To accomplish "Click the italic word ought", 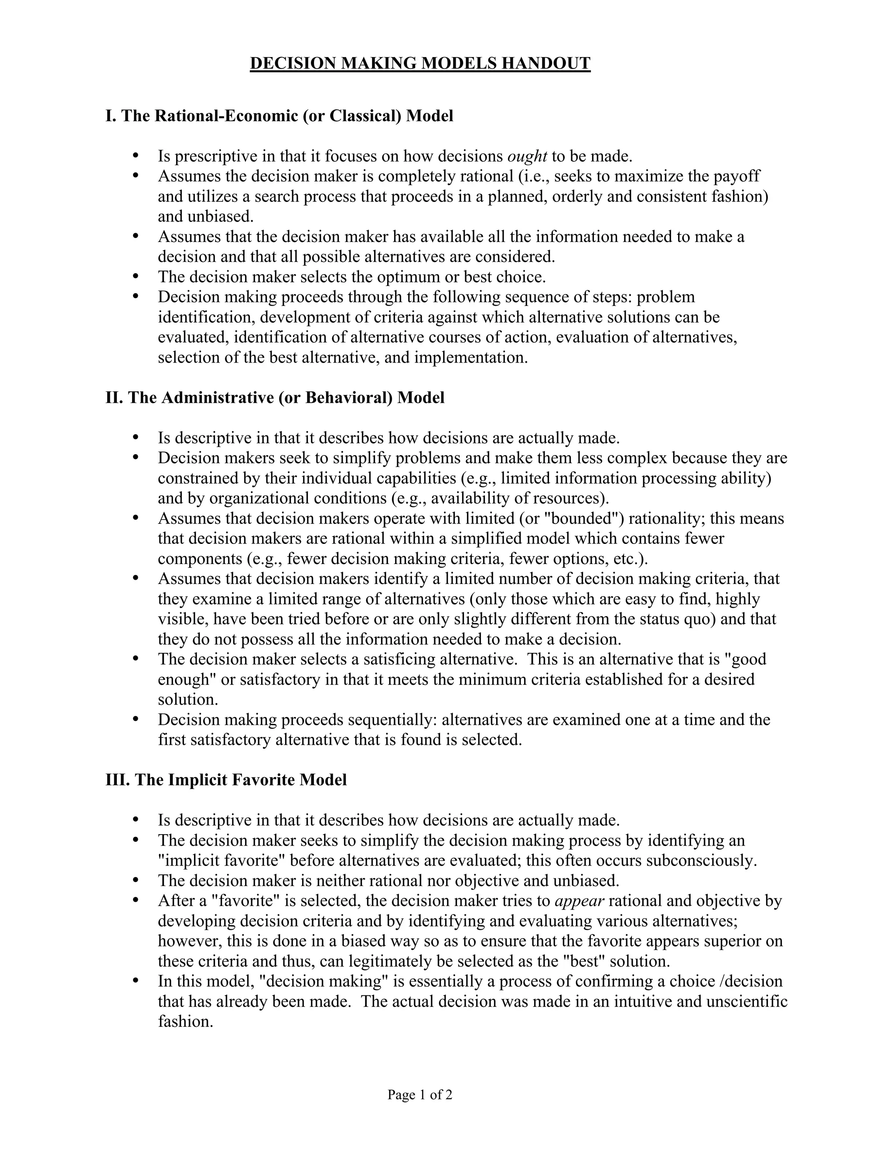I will pyautogui.click(x=526, y=156).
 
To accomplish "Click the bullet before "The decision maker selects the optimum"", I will pyautogui.click(x=136, y=276).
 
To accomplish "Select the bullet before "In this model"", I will pyautogui.click(x=136, y=981).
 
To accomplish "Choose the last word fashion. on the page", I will pyautogui.click(x=185, y=1021).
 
